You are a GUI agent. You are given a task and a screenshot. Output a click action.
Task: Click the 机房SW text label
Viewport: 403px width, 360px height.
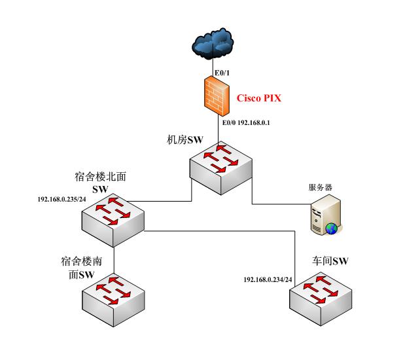click(x=185, y=139)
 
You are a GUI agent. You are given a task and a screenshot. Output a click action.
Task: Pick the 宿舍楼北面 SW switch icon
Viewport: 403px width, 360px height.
click(x=118, y=216)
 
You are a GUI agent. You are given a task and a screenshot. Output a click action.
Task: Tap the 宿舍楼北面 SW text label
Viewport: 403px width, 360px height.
click(x=105, y=182)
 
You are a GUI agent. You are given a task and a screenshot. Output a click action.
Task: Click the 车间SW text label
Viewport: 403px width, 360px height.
click(x=329, y=261)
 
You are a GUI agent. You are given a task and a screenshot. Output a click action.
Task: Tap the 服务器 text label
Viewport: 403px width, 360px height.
click(x=320, y=187)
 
